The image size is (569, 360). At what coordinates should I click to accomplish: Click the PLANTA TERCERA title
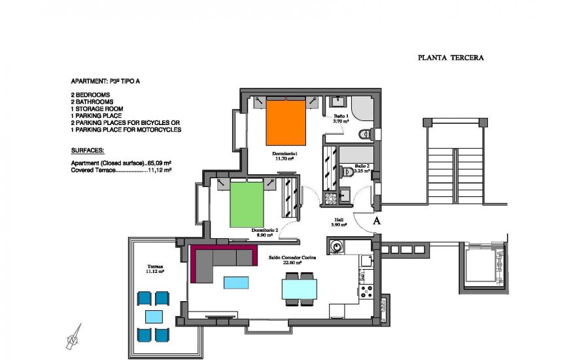click(451, 58)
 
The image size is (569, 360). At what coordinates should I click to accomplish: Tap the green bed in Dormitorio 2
click(248, 204)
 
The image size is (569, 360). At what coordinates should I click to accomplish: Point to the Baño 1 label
click(341, 118)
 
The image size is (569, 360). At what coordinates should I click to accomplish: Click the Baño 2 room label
click(362, 168)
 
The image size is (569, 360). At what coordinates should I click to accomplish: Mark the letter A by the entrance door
click(377, 222)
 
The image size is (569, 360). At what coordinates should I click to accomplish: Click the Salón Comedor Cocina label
click(292, 258)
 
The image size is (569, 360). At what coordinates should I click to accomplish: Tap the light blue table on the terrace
click(154, 317)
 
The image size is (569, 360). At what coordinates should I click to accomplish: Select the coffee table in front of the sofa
click(236, 282)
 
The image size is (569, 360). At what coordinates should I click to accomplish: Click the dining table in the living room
click(300, 289)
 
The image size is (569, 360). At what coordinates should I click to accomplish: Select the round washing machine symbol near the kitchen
click(337, 247)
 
